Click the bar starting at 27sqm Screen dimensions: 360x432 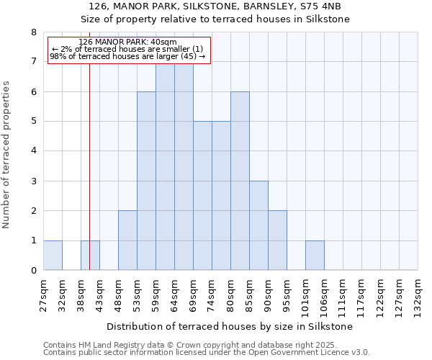[x=53, y=255]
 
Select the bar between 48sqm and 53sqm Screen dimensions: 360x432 [x=127, y=240]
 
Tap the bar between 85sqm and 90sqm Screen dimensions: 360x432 [x=258, y=225]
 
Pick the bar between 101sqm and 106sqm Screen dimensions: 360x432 [x=315, y=255]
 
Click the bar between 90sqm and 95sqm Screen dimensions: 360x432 [x=277, y=240]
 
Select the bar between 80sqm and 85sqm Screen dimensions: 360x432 [x=240, y=181]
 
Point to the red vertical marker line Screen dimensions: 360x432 [x=89, y=166]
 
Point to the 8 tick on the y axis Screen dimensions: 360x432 [x=33, y=32]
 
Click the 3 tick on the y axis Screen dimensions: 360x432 [x=33, y=181]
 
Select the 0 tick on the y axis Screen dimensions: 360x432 [x=33, y=270]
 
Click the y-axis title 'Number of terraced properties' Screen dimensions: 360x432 [x=7, y=154]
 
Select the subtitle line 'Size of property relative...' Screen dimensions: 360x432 [x=215, y=19]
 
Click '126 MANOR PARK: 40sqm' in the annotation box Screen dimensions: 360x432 [x=127, y=42]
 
